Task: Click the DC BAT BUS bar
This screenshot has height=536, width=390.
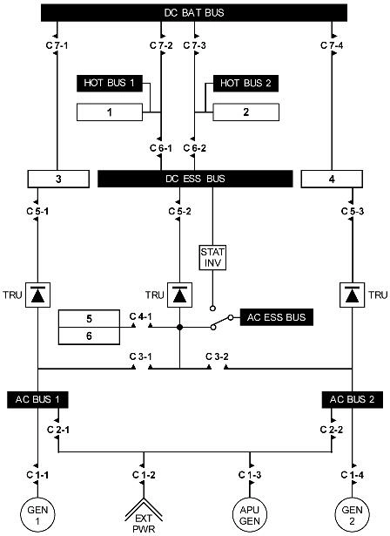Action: coord(194,14)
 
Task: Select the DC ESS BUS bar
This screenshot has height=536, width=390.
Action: coord(194,179)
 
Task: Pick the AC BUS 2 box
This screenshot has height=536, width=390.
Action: coord(352,398)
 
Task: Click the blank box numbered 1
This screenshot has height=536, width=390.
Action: coord(110,112)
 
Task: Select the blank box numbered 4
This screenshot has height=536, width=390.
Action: coord(332,179)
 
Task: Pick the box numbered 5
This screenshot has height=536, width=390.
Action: coord(90,318)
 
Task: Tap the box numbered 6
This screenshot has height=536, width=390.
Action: coord(90,334)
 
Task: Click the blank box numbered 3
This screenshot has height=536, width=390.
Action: coord(57,179)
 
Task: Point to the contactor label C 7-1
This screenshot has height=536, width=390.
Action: coord(56,44)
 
